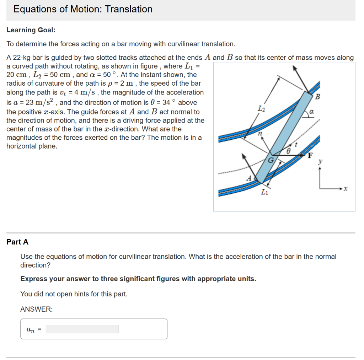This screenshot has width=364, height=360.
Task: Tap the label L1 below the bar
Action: pyautogui.click(x=264, y=193)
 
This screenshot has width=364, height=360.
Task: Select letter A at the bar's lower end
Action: pyautogui.click(x=249, y=177)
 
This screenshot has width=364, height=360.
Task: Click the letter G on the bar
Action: pyautogui.click(x=270, y=160)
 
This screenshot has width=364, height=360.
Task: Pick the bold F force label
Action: pyautogui.click(x=310, y=155)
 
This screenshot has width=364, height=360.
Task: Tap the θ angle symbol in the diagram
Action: pyautogui.click(x=289, y=151)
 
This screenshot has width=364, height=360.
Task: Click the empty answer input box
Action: pyautogui.click(x=82, y=329)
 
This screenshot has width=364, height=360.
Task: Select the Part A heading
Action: pyautogui.click(x=17, y=242)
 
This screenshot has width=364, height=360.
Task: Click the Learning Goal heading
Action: pyautogui.click(x=31, y=30)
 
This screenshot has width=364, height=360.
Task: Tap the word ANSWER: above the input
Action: pyautogui.click(x=37, y=310)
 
